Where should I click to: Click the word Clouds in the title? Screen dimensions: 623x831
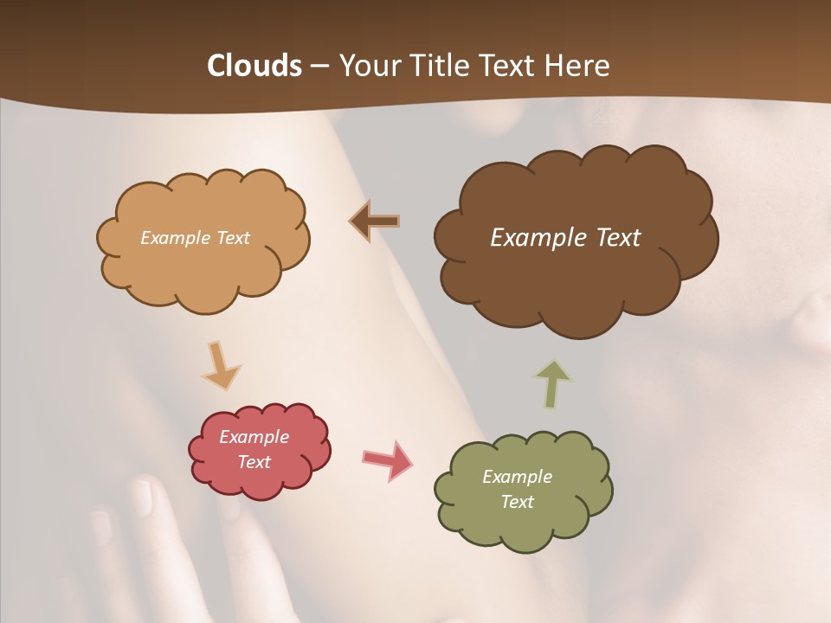click(254, 66)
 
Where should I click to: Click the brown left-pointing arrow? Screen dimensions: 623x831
click(375, 222)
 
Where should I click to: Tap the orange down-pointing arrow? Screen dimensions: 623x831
click(221, 366)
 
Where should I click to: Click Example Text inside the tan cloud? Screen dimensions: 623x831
click(195, 238)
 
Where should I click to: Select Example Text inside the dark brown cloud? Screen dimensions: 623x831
click(565, 238)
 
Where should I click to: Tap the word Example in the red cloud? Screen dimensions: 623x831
click(254, 437)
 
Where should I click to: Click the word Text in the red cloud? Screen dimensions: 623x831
click(254, 462)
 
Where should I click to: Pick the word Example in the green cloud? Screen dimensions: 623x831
click(517, 477)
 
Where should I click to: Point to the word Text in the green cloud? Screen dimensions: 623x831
click(517, 502)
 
